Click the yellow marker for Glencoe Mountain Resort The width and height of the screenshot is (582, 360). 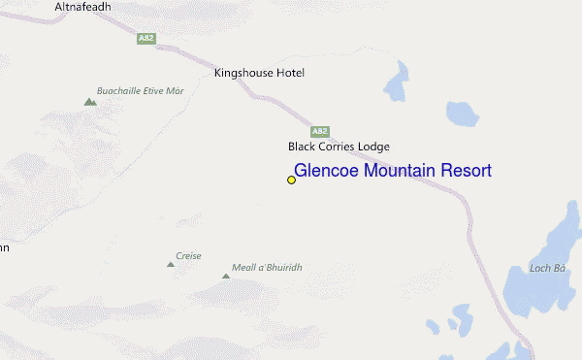291,180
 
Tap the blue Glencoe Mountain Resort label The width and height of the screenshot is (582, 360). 393,171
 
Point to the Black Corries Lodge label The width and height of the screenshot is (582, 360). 339,147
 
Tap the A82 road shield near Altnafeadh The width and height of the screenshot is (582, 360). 146,38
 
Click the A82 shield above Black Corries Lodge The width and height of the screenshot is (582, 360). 320,131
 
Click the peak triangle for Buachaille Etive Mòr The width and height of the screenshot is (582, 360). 90,101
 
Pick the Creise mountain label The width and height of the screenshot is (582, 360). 188,256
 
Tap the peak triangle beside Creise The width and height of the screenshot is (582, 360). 170,263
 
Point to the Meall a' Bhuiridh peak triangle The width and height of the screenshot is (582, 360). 226,277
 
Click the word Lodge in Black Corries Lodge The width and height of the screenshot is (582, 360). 373,147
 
